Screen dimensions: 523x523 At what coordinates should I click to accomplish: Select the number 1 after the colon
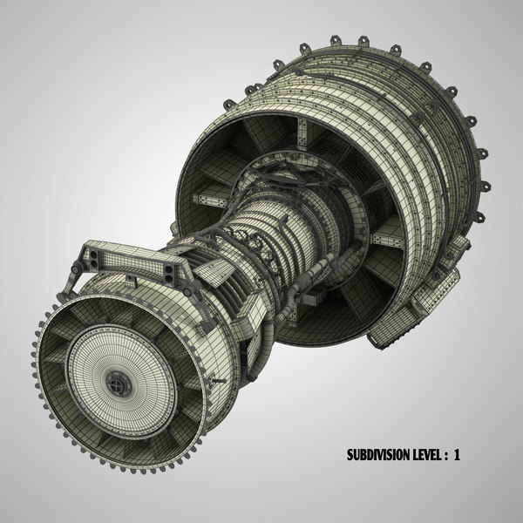pos(479,454)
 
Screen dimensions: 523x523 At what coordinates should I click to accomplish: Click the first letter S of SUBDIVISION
pos(351,454)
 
